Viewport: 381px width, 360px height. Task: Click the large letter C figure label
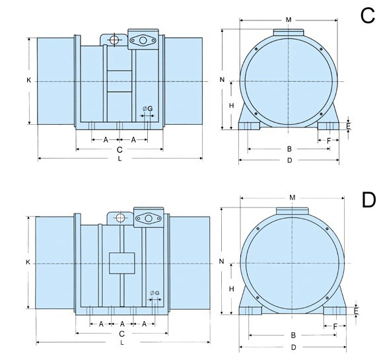pos(368,16)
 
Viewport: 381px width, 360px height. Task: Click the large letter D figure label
pos(368,200)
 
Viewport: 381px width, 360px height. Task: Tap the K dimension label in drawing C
pos(28,80)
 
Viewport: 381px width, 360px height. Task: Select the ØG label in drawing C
pos(148,108)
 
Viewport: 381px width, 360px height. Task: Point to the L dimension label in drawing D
pos(122,343)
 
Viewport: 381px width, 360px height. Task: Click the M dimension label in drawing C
pos(289,20)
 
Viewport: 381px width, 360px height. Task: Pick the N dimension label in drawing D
pos(221,262)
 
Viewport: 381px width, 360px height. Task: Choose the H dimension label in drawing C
pos(232,106)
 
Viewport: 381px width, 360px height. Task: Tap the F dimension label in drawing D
pos(335,326)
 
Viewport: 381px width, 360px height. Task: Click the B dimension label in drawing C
pos(289,149)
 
